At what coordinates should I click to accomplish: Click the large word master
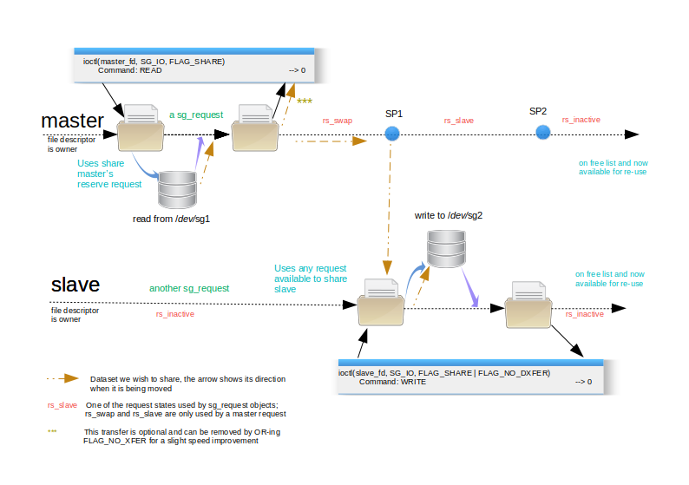(72, 120)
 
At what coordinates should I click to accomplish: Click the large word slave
(75, 285)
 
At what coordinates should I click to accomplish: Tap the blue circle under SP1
(392, 133)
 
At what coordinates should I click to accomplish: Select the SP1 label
(395, 114)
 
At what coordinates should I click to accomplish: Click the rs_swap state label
(337, 121)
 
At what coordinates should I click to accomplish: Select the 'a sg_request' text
(196, 115)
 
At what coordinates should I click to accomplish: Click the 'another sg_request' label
(189, 288)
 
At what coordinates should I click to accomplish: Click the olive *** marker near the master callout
(305, 101)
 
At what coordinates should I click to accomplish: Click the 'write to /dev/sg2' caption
(449, 214)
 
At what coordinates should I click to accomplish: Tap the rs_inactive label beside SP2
(581, 120)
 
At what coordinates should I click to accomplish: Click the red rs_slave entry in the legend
(62, 405)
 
